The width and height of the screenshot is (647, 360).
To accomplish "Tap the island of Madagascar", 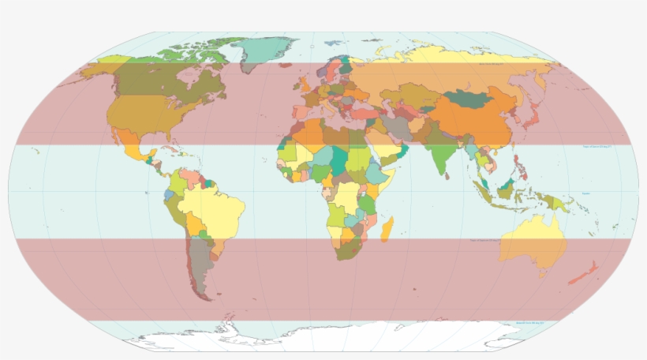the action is click(387, 231).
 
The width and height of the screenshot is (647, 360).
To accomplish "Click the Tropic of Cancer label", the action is click(597, 147).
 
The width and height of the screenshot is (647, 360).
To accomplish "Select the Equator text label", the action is click(585, 193).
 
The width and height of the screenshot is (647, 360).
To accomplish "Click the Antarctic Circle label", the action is click(532, 322).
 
